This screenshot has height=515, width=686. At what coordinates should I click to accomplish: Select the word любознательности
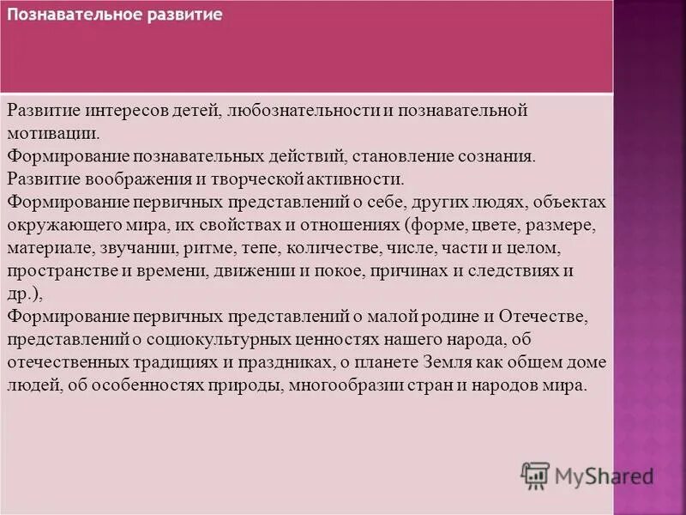coord(289,111)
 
